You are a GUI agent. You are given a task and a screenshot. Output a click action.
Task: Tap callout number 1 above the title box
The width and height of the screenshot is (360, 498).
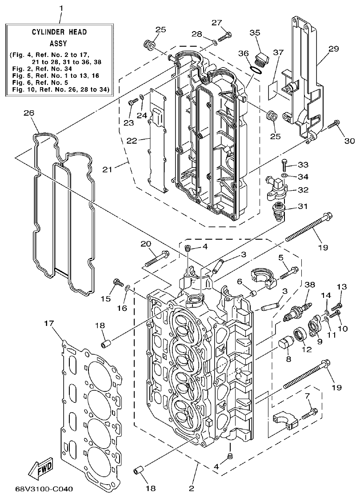coord(61,8)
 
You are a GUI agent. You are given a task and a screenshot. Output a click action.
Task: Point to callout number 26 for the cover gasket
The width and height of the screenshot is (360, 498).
coord(29,113)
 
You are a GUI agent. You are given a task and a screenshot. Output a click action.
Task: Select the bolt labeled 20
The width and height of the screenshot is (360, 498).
coord(156,257)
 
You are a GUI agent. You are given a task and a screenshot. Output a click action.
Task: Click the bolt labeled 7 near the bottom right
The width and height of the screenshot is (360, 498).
coord(309,414)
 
